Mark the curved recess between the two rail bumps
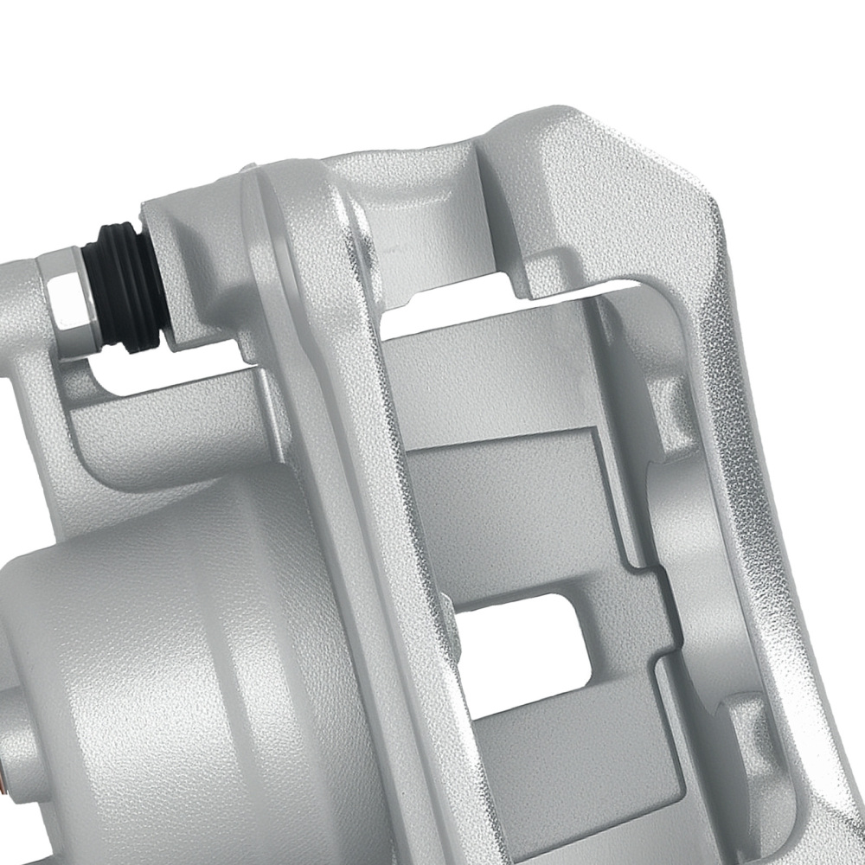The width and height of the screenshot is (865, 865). tap(683, 554)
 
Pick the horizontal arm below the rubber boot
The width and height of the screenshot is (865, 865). tap(156, 432)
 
